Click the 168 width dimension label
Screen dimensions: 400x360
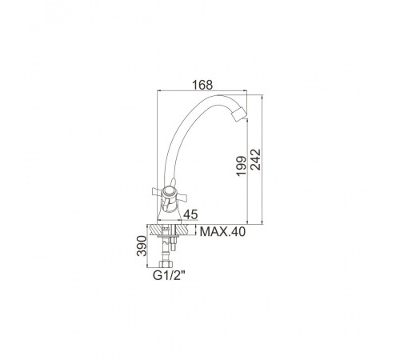pyautogui.click(x=202, y=85)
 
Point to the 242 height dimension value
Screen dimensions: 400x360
pyautogui.click(x=256, y=159)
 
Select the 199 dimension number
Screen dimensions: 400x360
pyautogui.click(x=242, y=166)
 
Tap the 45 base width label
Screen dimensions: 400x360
pyautogui.click(x=190, y=214)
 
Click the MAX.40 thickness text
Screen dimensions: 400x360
pyautogui.click(x=222, y=232)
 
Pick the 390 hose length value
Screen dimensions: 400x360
pyautogui.click(x=142, y=246)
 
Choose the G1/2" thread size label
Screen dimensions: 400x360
pyautogui.click(x=169, y=275)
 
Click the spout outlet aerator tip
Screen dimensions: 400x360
pyautogui.click(x=239, y=114)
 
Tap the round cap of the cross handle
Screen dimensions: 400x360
pyautogui.click(x=169, y=192)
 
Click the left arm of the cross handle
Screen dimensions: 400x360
pyautogui.click(x=158, y=191)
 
